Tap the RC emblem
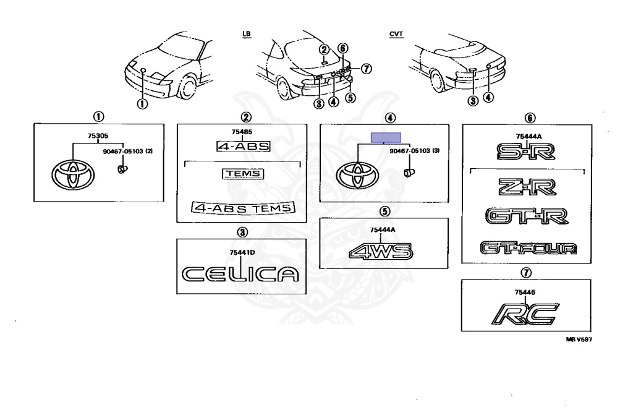point(524,313)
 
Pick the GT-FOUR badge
point(529,249)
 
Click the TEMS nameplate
point(243,174)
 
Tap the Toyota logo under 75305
point(73,175)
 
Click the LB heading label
point(247,33)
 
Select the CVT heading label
point(395,33)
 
